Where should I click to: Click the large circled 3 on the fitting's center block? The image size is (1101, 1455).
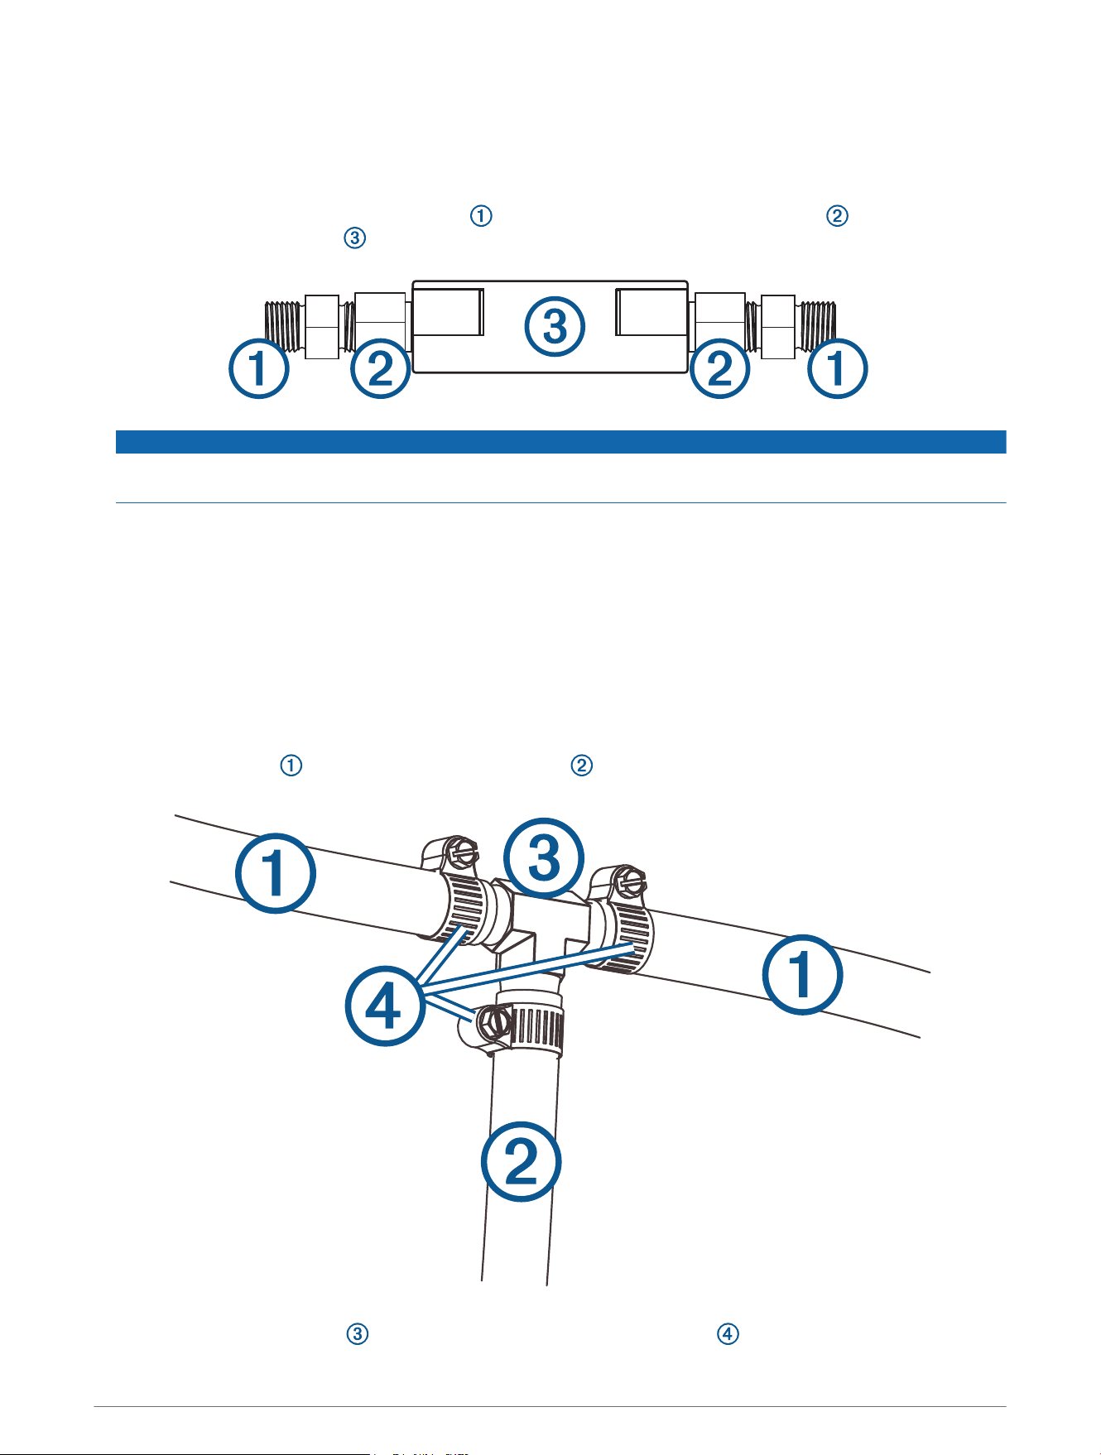tap(555, 326)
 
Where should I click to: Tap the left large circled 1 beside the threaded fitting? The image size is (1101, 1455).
tap(259, 368)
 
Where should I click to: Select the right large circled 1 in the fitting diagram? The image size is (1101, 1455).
tap(838, 368)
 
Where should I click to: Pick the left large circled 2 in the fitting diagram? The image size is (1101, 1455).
tap(381, 368)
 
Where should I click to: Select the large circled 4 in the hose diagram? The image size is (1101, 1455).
tap(386, 1006)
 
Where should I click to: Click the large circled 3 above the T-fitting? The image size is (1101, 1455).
tap(545, 858)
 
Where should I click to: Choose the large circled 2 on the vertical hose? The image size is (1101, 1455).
tap(522, 1160)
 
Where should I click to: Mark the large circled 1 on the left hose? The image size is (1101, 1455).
tap(276, 872)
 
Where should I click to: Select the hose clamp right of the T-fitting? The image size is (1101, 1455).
tap(621, 919)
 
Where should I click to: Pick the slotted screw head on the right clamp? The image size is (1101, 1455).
tap(633, 879)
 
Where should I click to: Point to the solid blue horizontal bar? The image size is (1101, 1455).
tap(560, 442)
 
